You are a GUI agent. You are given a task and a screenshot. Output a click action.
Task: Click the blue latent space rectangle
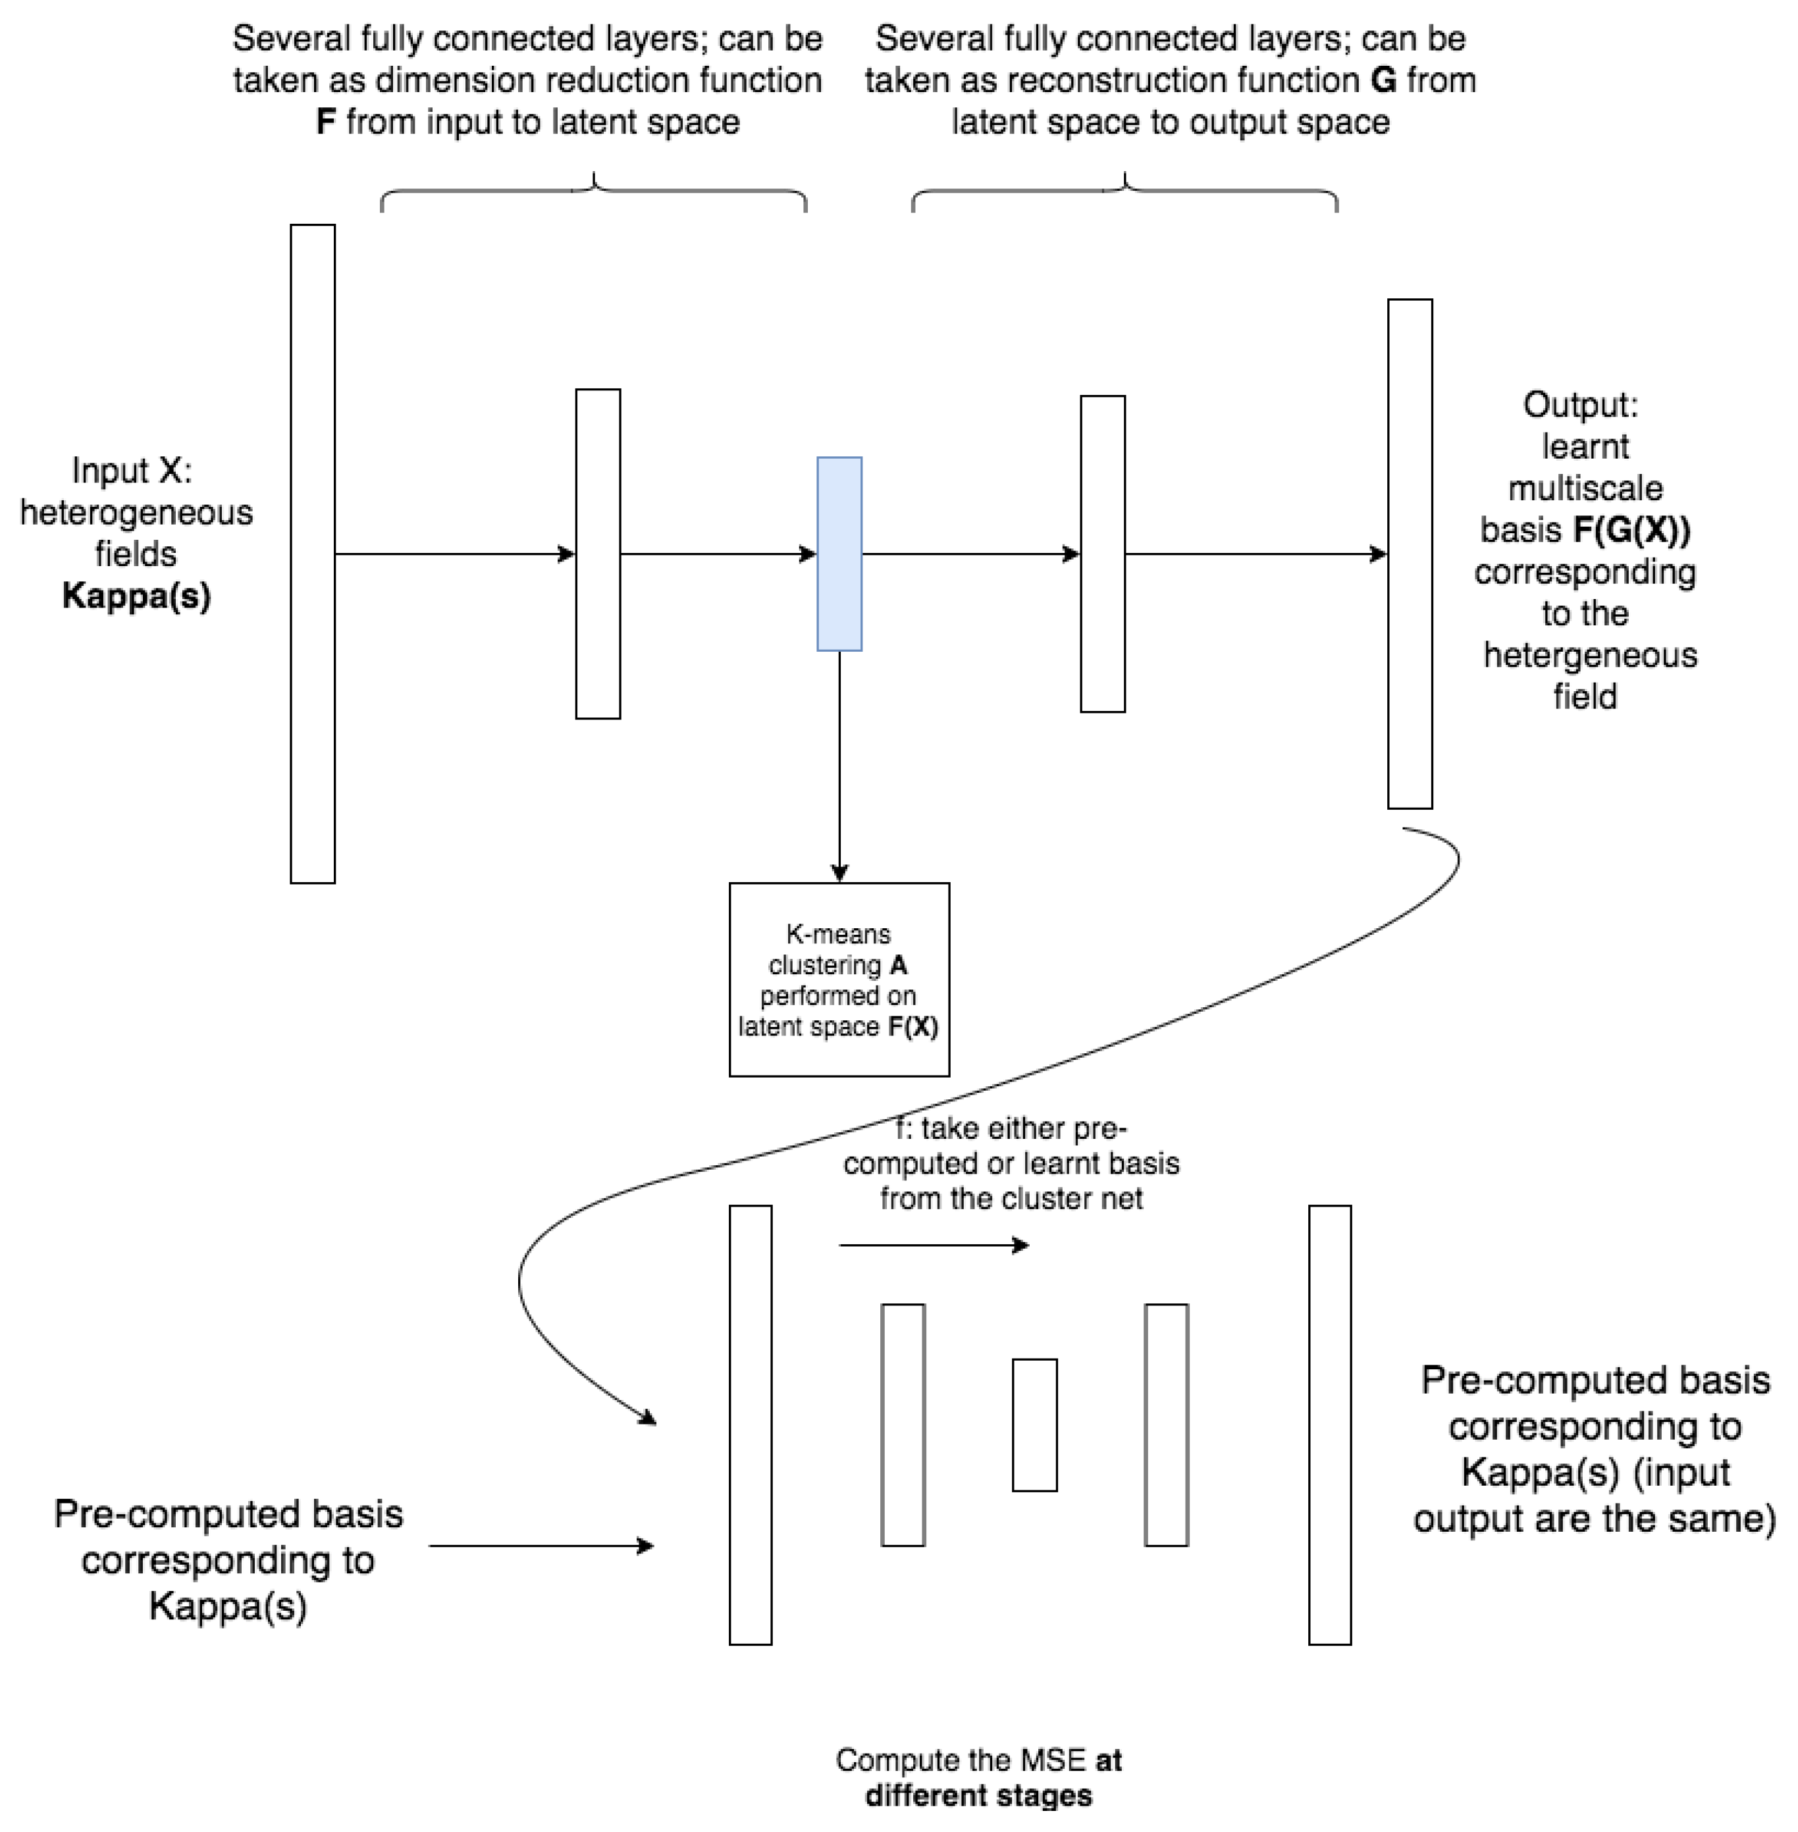[x=839, y=554]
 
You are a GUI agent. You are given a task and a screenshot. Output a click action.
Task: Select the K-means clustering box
[x=839, y=980]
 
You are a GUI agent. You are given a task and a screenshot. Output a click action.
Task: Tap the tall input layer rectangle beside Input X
[x=313, y=554]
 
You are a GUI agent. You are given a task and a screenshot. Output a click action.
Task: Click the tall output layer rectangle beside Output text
[x=1409, y=554]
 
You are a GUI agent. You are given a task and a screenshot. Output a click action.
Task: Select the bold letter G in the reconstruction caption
[x=1383, y=81]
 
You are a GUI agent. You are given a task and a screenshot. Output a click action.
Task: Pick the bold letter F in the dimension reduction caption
[x=326, y=122]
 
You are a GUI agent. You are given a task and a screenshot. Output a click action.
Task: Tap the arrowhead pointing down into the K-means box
[x=839, y=874]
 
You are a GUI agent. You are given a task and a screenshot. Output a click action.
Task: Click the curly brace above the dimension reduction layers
[x=593, y=191]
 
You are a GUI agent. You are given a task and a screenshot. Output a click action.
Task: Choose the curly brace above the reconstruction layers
[x=1124, y=191]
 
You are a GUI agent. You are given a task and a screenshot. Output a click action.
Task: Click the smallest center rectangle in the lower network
[x=1034, y=1425]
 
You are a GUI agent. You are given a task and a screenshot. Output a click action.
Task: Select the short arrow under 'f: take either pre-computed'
[x=933, y=1245]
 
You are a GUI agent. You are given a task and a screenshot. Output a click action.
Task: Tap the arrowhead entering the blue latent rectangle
[x=808, y=554]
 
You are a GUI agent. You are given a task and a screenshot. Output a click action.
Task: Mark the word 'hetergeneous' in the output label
[x=1589, y=656]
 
